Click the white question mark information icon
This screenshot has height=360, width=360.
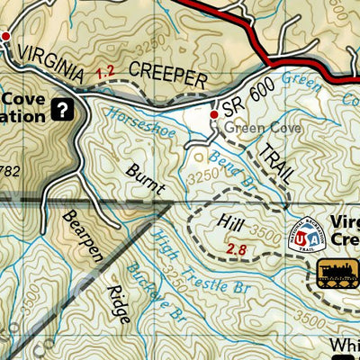pos(61,110)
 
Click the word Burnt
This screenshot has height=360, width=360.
pos(146,177)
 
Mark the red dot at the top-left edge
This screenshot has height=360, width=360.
pos(5,36)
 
